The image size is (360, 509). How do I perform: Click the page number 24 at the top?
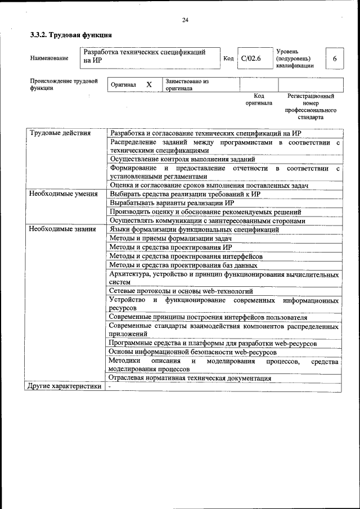coord(184,20)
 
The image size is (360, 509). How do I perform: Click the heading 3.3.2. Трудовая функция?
coord(70,35)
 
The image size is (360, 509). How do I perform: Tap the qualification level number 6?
coord(335,58)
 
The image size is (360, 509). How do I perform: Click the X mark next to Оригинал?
coord(149,85)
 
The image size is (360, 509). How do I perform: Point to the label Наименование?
coord(49,58)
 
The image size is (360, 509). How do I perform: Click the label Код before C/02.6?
coord(228,58)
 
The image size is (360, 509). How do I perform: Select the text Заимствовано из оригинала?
coord(187,85)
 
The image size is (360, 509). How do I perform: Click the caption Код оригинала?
coord(259,100)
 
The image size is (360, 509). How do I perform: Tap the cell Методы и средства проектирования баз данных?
coord(183,265)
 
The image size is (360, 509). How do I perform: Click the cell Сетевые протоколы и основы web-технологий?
coord(181,291)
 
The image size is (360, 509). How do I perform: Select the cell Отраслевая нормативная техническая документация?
coord(190,379)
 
